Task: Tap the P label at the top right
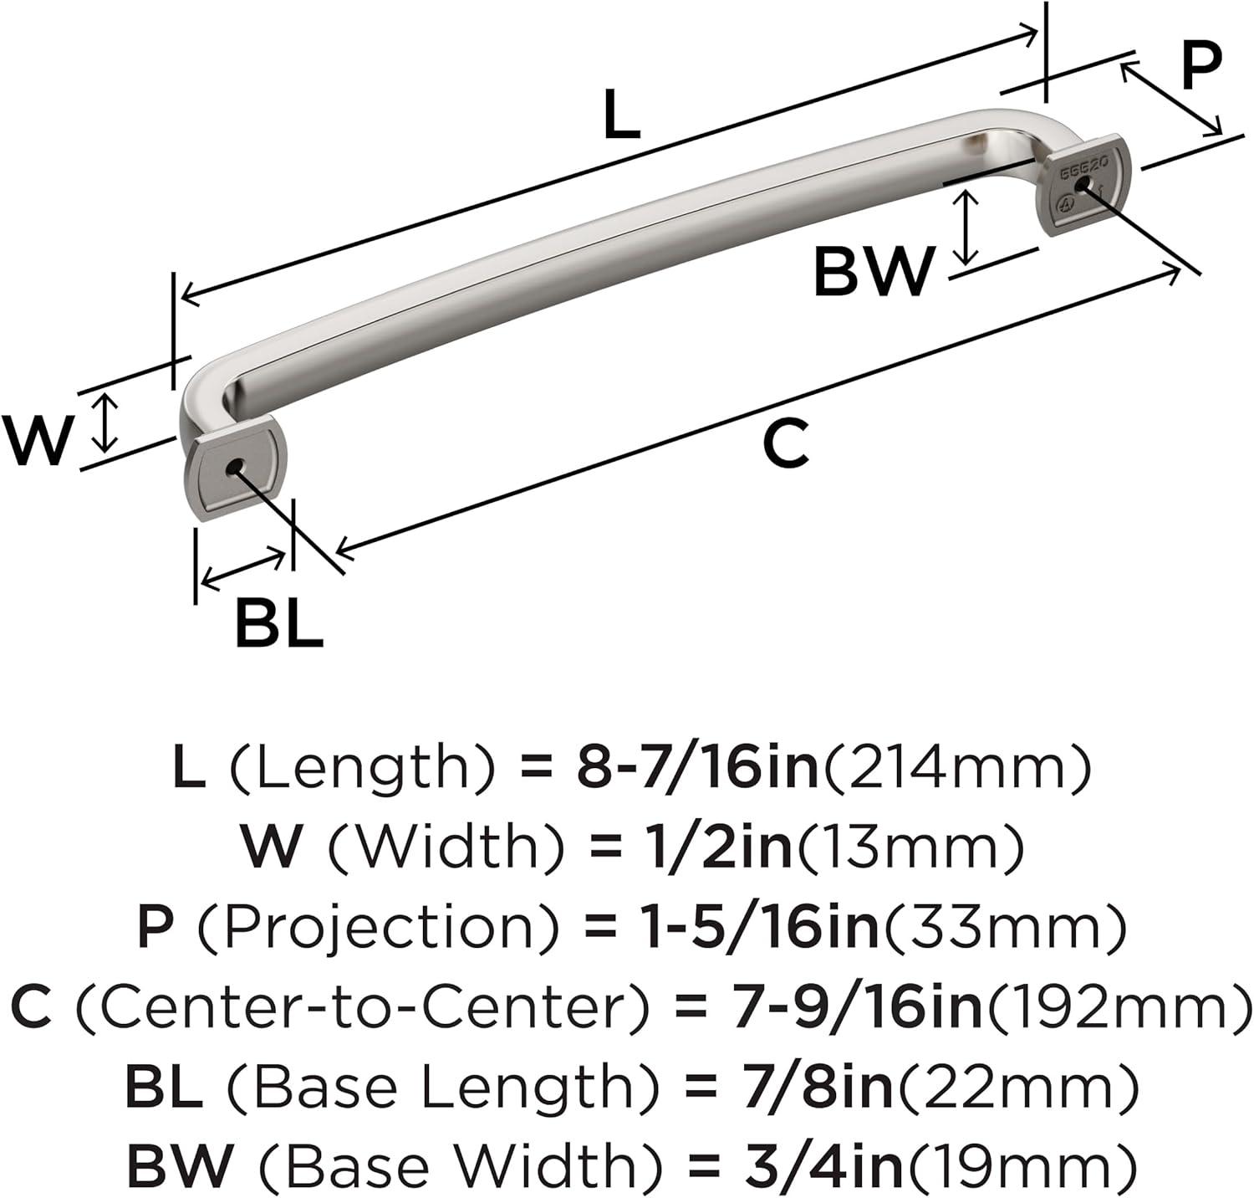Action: click(1202, 66)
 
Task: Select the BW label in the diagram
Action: click(873, 271)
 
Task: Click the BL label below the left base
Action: click(278, 623)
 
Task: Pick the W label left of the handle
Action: click(38, 440)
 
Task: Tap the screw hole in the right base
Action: click(1085, 185)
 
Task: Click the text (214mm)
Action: click(958, 768)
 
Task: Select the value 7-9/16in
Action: click(853, 1006)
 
